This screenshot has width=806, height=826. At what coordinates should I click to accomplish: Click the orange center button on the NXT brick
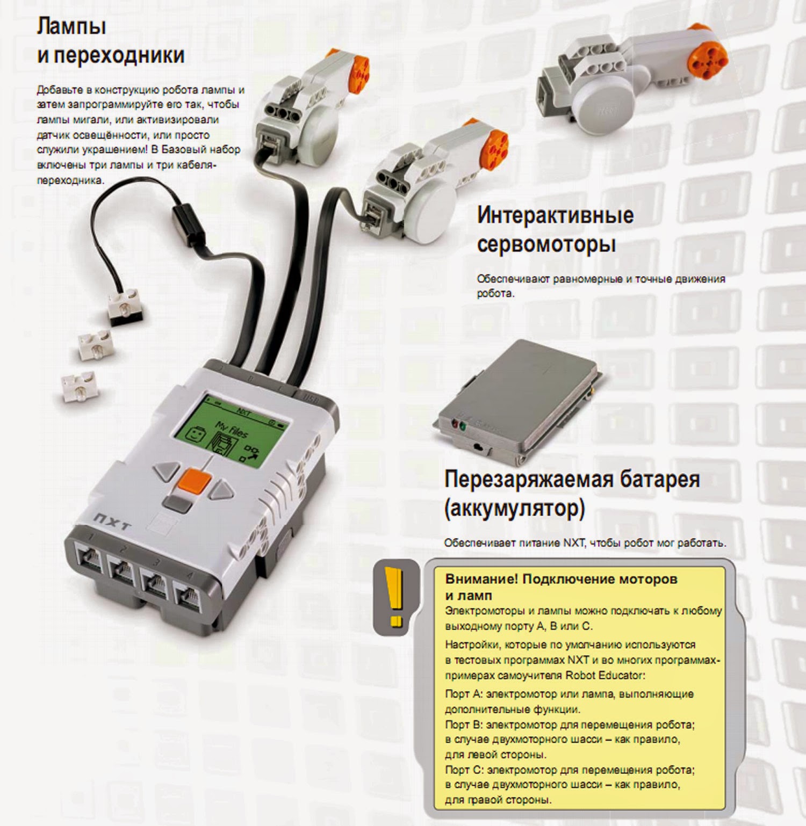tap(194, 481)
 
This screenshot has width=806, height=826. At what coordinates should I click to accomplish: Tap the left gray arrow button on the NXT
tap(168, 471)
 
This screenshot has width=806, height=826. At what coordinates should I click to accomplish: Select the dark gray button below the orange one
tap(177, 503)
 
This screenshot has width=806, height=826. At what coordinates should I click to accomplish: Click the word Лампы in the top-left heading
tap(71, 26)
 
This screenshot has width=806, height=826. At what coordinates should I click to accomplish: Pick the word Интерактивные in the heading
tap(556, 215)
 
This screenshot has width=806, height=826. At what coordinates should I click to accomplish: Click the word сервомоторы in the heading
tap(546, 244)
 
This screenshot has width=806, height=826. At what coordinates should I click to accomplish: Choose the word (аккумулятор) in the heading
tap(514, 508)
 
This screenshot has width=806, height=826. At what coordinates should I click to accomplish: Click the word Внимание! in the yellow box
tap(481, 579)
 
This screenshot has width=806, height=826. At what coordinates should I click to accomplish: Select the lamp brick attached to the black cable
tap(124, 306)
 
